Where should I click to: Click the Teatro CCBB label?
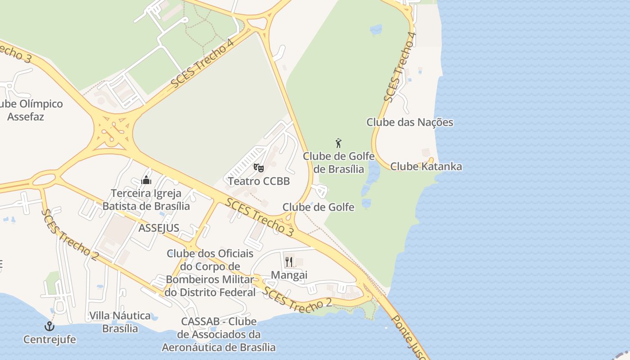point(259,181)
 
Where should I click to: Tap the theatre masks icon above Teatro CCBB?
point(258,168)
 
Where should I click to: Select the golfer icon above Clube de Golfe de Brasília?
point(338,143)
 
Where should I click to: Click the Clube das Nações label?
point(409,122)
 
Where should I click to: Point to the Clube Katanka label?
point(426,166)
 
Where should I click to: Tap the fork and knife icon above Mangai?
point(289,261)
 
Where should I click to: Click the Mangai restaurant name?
point(289,275)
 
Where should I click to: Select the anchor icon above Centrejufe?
point(49,326)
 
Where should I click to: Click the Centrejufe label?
point(49,339)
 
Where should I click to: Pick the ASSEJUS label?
point(158,228)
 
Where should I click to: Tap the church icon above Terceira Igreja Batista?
point(146,180)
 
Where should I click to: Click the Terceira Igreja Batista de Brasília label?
point(146,200)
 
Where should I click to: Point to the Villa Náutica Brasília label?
point(120,322)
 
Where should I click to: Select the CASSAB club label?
point(219,334)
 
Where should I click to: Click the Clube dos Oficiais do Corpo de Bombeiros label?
point(210,273)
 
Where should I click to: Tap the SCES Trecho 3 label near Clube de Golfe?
point(260,217)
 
